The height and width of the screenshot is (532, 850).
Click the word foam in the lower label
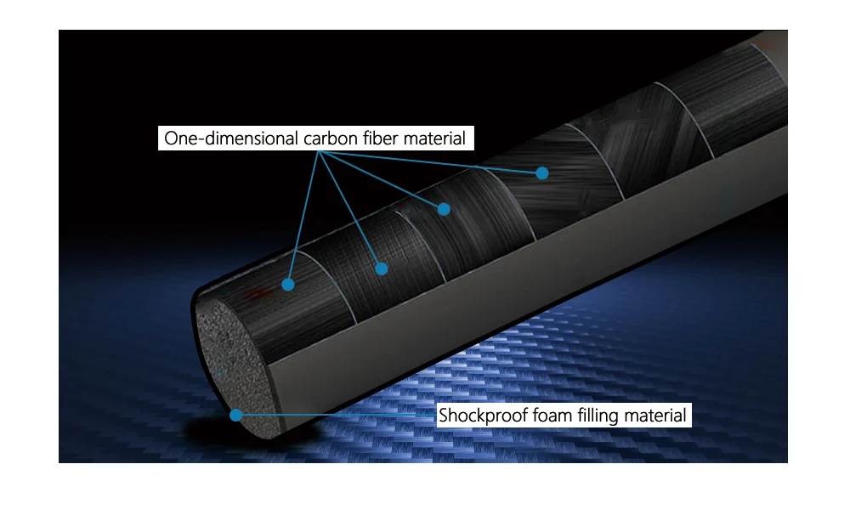point(546,416)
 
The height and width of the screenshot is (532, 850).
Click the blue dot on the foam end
point(236,416)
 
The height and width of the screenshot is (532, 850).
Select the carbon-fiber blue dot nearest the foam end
point(288,285)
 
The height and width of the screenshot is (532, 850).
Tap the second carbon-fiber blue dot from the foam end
point(382,269)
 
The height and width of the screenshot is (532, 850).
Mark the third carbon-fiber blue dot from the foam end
point(444,208)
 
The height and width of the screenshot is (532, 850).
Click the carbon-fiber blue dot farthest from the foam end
point(541,173)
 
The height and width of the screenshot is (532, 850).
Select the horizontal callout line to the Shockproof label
point(340,416)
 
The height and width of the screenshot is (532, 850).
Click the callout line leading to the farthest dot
point(433,162)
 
